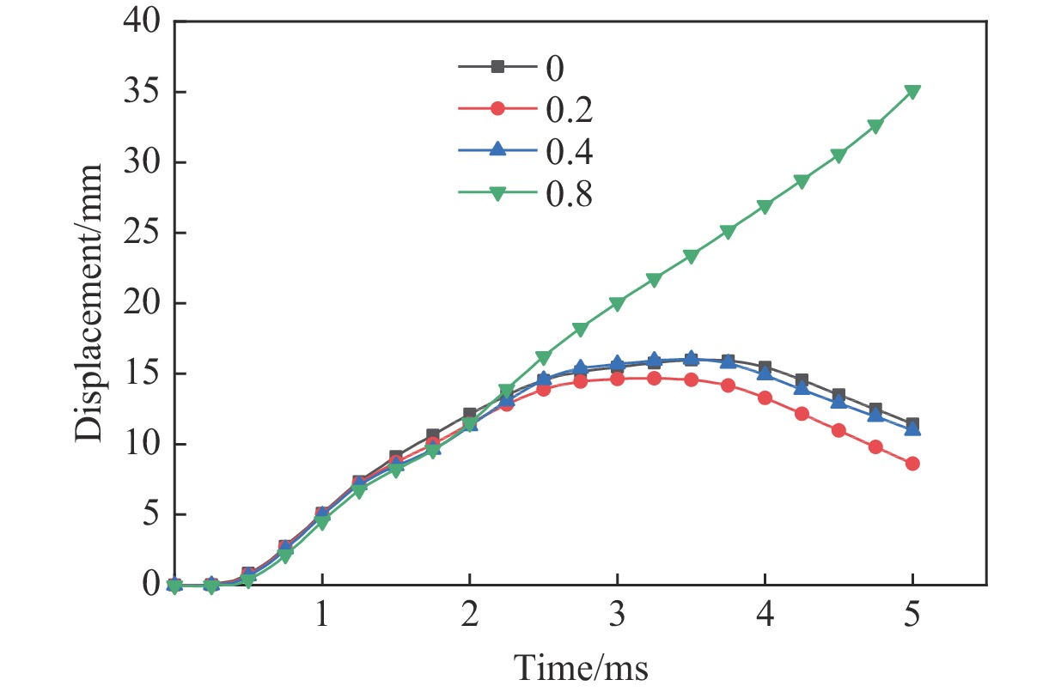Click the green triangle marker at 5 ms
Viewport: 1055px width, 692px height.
pyautogui.click(x=912, y=92)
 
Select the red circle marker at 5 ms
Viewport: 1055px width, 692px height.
pyautogui.click(x=912, y=464)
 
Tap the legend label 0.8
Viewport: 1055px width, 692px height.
pyautogui.click(x=568, y=195)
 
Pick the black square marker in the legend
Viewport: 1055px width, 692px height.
pyautogui.click(x=497, y=65)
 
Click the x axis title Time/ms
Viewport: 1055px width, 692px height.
pyautogui.click(x=580, y=665)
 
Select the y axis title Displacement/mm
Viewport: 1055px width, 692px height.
pyautogui.click(x=88, y=302)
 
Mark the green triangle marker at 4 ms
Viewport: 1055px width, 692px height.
pyautogui.click(x=765, y=206)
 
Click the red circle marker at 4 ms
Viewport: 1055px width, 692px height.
pyautogui.click(x=765, y=398)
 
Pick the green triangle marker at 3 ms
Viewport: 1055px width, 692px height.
pyautogui.click(x=617, y=303)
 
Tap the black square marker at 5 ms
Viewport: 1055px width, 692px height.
pyautogui.click(x=912, y=424)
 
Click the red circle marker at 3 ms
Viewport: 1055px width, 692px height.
pyautogui.click(x=617, y=378)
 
